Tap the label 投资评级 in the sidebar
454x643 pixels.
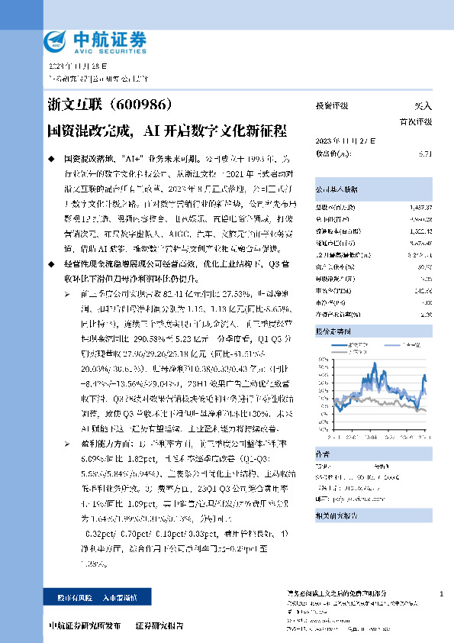click(332, 106)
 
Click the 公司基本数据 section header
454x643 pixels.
click(337, 188)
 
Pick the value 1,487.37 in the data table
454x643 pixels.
click(420, 207)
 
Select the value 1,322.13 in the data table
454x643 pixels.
click(420, 229)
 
